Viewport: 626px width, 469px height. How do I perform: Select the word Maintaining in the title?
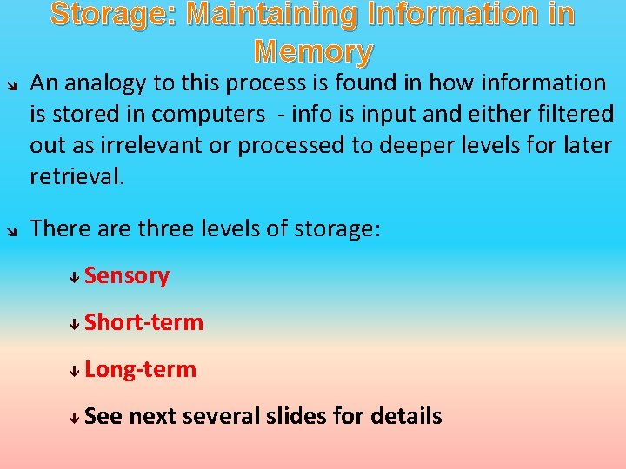click(x=276, y=15)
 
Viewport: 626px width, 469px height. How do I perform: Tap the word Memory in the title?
click(x=313, y=52)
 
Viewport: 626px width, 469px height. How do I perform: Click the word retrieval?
click(x=77, y=177)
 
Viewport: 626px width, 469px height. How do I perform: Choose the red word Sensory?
click(x=127, y=276)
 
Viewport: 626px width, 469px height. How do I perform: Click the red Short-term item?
click(x=144, y=323)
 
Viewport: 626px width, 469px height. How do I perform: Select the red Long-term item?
click(x=141, y=370)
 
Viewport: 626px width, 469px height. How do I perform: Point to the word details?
click(x=406, y=417)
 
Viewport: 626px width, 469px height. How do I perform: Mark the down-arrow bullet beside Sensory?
click(x=76, y=277)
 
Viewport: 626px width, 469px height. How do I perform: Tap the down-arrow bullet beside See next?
click(x=76, y=418)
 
